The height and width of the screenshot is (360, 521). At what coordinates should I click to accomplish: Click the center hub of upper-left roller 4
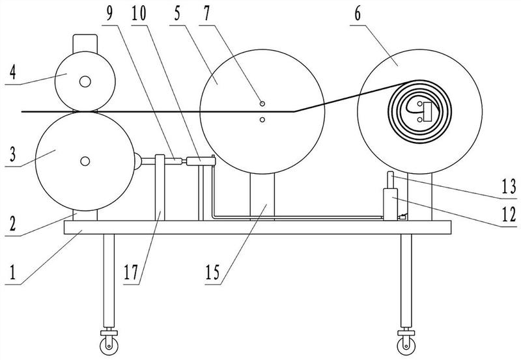[85, 81]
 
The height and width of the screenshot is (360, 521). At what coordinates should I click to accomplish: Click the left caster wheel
[108, 340]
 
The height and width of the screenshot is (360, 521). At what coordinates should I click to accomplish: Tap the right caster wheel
[406, 340]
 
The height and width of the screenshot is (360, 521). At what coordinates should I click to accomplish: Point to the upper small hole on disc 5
[261, 104]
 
